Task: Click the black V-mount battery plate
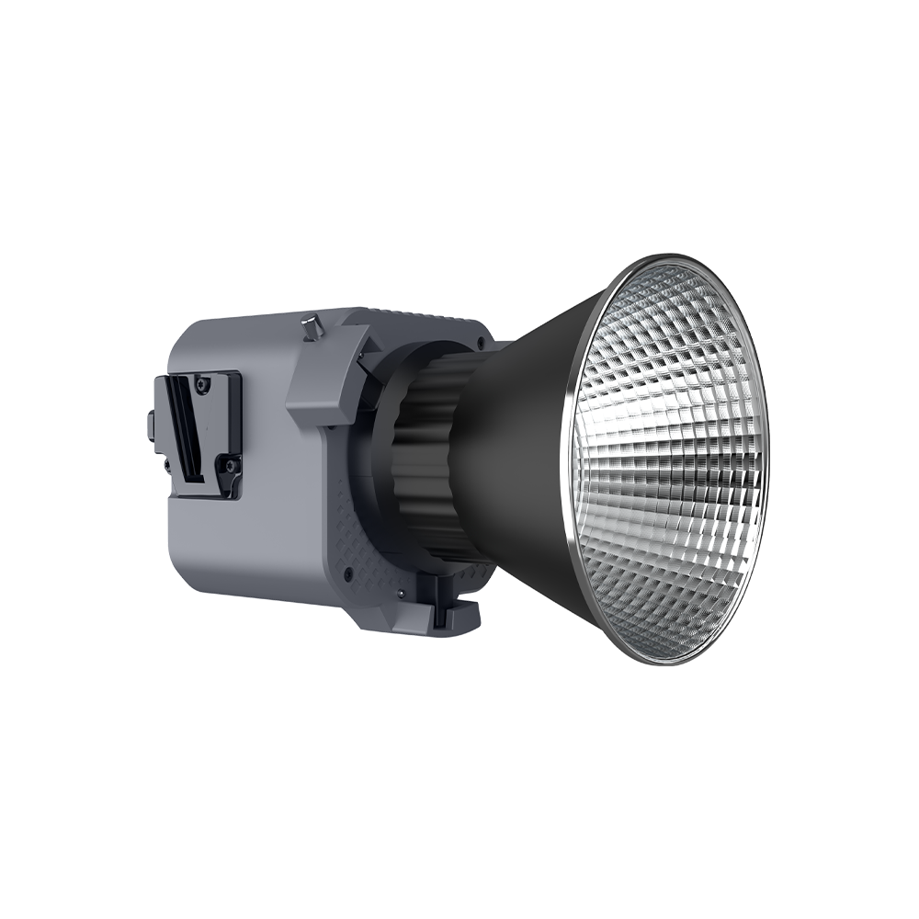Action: [x=204, y=432]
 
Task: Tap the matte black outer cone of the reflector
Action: [x=524, y=441]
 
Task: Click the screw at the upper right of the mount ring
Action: [x=482, y=341]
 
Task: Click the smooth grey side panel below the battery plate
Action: [x=239, y=551]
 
